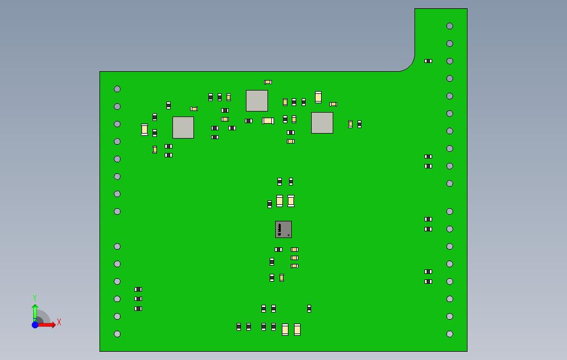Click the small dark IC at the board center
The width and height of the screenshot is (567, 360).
[283, 229]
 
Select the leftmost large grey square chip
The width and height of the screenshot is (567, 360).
[183, 127]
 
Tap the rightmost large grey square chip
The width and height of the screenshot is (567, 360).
[322, 123]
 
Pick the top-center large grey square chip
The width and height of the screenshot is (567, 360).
[257, 100]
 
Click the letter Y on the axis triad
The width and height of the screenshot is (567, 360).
[35, 298]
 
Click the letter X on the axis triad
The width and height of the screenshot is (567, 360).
[59, 322]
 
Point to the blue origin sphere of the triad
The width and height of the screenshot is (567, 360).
[35, 325]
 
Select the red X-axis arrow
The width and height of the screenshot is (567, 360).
[48, 325]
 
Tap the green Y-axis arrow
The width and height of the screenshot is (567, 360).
[35, 311]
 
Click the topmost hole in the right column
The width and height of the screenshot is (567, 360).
[450, 26]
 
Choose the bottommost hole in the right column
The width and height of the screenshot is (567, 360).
[450, 334]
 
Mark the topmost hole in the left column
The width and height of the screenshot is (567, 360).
[117, 89]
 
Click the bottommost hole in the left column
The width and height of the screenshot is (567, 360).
[117, 334]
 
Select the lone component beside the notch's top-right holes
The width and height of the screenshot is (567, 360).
[428, 61]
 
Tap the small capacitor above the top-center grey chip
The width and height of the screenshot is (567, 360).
[268, 82]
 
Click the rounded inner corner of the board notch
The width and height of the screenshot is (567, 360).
[410, 66]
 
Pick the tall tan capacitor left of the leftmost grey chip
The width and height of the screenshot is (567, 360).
[144, 129]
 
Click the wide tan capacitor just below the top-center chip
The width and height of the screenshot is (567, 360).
[268, 120]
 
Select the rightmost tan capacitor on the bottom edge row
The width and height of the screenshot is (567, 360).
[297, 330]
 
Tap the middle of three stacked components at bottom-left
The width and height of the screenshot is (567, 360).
[138, 299]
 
